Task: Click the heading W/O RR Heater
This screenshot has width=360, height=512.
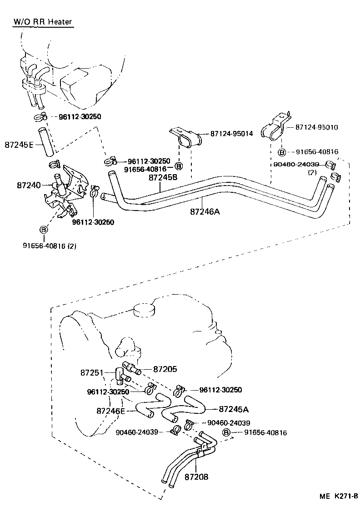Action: click(43, 21)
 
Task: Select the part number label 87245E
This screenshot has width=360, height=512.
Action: click(20, 145)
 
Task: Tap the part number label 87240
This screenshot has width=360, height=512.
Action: click(28, 185)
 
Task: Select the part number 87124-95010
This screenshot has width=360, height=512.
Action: click(316, 127)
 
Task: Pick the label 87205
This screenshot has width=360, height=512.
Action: click(165, 369)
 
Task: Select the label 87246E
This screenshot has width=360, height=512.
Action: click(110, 411)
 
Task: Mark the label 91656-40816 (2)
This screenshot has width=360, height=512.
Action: click(50, 246)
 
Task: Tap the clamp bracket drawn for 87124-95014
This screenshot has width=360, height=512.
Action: click(186, 136)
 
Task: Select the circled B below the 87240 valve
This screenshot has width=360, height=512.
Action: click(44, 230)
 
